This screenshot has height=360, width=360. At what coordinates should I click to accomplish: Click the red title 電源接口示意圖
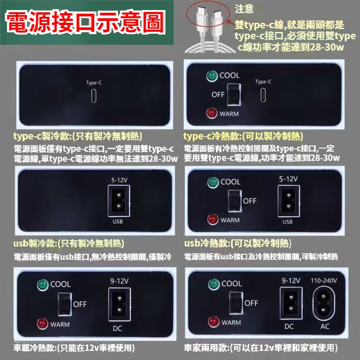pyautogui.click(x=85, y=22)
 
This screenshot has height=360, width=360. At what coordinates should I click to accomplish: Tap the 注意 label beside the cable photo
pyautogui.click(x=244, y=9)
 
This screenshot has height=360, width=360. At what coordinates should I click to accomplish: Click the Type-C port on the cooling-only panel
pyautogui.click(x=94, y=96)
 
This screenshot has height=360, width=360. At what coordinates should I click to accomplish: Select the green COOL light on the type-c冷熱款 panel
pyautogui.click(x=212, y=76)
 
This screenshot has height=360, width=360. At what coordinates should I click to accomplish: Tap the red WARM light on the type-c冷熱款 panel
pyautogui.click(x=211, y=113)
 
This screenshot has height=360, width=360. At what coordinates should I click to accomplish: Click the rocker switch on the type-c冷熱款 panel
pyautogui.click(x=234, y=95)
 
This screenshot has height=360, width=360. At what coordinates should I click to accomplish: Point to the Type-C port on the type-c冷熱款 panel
pyautogui.click(x=263, y=95)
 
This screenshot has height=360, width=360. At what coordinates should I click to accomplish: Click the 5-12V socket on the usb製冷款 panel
pyautogui.click(x=118, y=201)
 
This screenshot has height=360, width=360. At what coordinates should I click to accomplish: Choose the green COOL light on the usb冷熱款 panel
pyautogui.click(x=213, y=183)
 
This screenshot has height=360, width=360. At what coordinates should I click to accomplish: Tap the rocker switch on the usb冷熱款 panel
pyautogui.click(x=235, y=201)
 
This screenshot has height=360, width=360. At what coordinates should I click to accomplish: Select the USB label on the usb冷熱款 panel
pyautogui.click(x=288, y=222)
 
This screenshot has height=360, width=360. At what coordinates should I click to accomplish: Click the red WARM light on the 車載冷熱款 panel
pyautogui.click(x=42, y=324)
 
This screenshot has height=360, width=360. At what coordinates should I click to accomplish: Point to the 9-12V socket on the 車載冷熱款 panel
pyautogui.click(x=119, y=304)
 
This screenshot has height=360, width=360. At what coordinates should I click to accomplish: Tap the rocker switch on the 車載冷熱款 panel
pyautogui.click(x=65, y=304)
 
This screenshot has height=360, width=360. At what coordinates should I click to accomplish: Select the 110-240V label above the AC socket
pyautogui.click(x=324, y=281)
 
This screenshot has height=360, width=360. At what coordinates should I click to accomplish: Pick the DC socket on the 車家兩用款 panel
pyautogui.click(x=291, y=303)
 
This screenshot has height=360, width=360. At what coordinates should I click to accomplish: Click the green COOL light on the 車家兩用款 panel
pyautogui.click(x=214, y=284)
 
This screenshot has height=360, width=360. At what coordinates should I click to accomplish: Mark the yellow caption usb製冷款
pyautogui.click(x=35, y=243)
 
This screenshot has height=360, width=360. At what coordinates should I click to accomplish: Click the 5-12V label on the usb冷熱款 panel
pyautogui.click(x=288, y=179)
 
